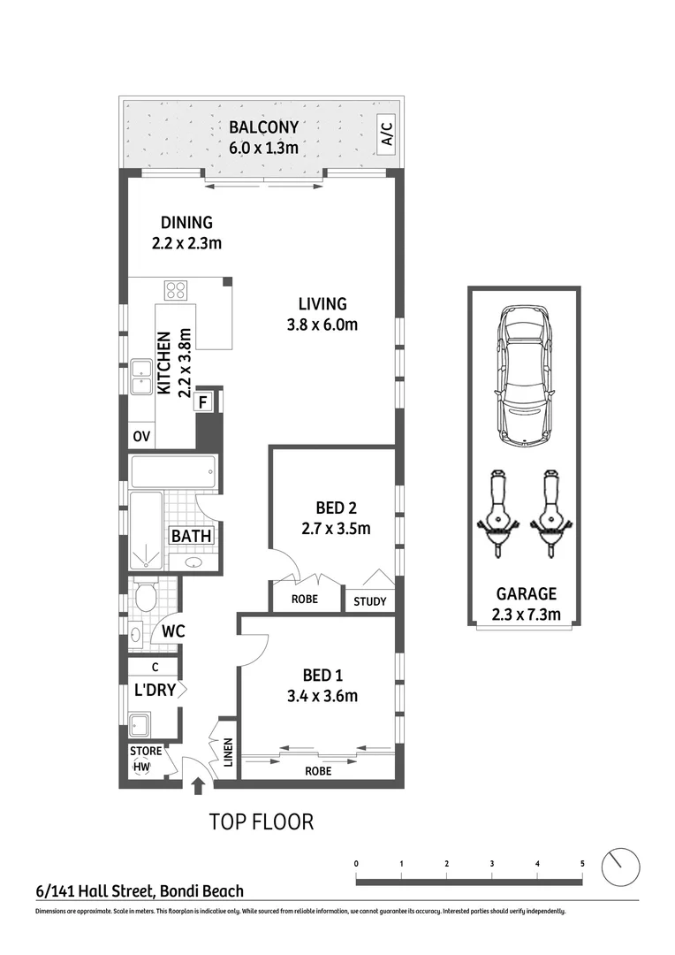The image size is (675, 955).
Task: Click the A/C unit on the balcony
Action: [385, 134]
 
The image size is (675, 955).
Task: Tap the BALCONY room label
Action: [263, 127]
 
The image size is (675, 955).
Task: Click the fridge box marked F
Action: [203, 402]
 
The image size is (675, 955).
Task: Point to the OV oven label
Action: [140, 436]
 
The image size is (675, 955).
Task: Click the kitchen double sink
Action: [140, 378]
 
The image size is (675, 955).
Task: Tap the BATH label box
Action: [192, 536]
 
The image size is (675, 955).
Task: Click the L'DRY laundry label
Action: [155, 690]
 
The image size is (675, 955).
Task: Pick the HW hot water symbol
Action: [141, 767]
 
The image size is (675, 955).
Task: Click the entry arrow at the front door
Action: [197, 784]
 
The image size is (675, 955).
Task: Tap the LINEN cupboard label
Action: [227, 751]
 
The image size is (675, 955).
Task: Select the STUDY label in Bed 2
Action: [369, 602]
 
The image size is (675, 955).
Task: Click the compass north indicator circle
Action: [620, 866]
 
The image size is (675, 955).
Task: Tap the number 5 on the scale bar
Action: [582, 863]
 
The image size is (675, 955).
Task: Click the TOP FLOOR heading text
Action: [261, 821]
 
